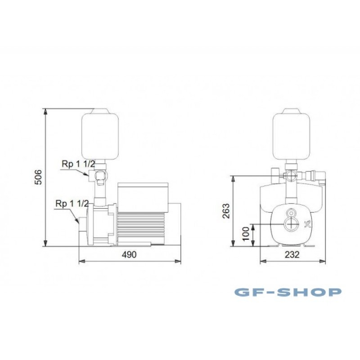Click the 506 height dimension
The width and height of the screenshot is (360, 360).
coord(38,177)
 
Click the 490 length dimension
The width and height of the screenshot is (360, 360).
coord(129,255)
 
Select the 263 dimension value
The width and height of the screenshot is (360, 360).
coord(226,211)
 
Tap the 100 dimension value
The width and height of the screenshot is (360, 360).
coord(246,234)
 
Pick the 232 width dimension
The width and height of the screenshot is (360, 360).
coord(292,255)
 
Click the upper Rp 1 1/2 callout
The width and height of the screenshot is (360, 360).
coord(78,164)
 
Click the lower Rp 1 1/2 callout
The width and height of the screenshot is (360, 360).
coord(72,203)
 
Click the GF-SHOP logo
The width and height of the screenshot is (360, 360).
coord(288,292)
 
